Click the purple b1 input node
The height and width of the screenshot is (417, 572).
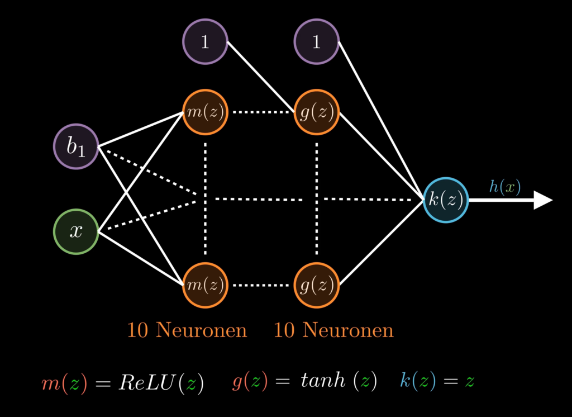(76, 146)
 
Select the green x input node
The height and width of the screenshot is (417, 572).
(76, 231)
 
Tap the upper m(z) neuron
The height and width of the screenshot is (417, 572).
(205, 112)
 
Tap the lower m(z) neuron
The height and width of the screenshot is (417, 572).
(205, 285)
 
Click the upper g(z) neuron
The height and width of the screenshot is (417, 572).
(317, 112)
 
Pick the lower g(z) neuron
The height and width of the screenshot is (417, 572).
(317, 285)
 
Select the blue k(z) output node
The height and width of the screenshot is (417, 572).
(445, 200)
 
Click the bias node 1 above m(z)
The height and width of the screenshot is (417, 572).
(205, 41)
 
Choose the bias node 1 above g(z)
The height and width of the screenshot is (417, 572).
(317, 41)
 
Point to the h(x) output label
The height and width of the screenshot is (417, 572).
(505, 187)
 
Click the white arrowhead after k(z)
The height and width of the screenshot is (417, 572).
(542, 200)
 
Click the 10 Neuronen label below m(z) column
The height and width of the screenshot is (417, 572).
(187, 330)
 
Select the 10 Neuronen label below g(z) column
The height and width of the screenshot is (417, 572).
(333, 330)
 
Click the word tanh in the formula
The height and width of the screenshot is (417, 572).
(320, 382)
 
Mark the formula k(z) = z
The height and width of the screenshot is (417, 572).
(437, 382)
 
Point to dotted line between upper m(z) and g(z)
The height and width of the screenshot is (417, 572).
(261, 112)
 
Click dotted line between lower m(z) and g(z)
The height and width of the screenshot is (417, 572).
(261, 285)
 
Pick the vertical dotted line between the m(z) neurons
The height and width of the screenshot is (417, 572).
(205, 168)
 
